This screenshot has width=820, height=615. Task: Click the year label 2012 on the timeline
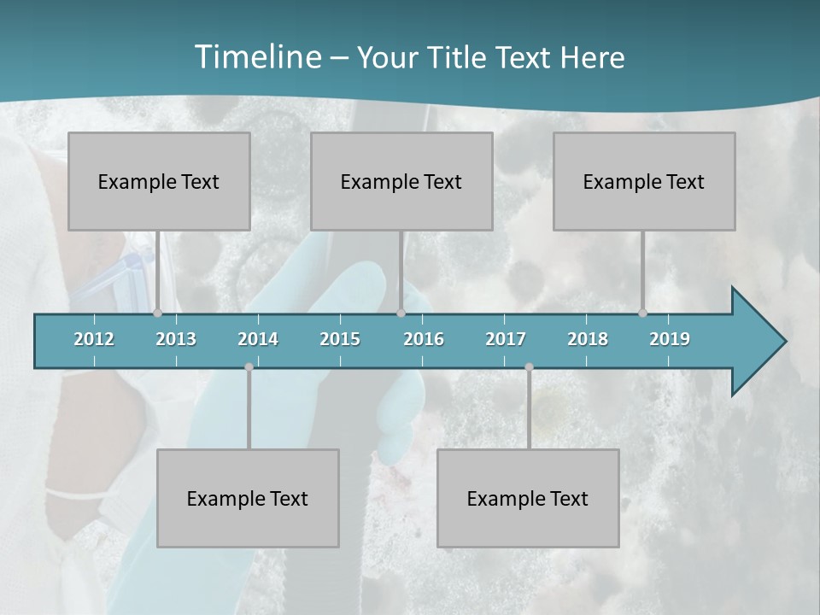(94, 339)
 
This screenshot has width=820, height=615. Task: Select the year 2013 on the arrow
(176, 339)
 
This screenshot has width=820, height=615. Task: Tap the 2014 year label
(258, 339)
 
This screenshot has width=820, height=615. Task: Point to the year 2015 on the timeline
(340, 339)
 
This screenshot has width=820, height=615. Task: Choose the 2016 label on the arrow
(424, 339)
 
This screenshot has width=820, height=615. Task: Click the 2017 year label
(506, 339)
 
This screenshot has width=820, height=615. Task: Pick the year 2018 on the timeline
(588, 339)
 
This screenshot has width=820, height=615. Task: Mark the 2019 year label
(670, 339)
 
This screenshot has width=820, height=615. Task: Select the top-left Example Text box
(159, 181)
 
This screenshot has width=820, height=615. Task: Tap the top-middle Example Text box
(401, 181)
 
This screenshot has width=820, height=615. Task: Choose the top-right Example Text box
(644, 181)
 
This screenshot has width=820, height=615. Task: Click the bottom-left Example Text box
(248, 498)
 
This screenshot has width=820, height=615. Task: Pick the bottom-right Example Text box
(528, 498)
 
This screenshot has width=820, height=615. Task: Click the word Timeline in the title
(256, 56)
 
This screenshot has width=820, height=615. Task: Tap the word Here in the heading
(592, 57)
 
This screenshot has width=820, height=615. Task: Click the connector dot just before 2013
(157, 313)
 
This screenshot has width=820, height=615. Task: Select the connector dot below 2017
(529, 367)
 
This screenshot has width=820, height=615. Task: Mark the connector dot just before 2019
(642, 313)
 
